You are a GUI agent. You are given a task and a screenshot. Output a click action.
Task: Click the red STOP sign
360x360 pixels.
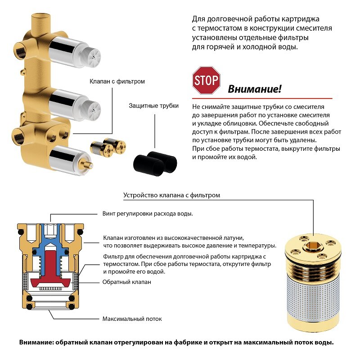pyautogui.click(x=206, y=81)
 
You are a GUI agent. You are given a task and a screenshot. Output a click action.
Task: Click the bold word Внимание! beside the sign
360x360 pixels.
pyautogui.click(x=255, y=89)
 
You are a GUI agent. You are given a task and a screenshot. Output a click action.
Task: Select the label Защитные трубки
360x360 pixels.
pyautogui.click(x=153, y=106)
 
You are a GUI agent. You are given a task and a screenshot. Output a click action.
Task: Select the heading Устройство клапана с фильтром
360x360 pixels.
pyautogui.click(x=172, y=195)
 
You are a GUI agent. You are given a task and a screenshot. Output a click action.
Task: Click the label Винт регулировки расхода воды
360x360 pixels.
pyautogui.click(x=148, y=214)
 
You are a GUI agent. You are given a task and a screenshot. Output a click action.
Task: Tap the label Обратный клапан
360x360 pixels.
pyautogui.click(x=126, y=282)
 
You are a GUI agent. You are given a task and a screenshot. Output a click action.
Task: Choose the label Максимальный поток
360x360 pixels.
pyautogui.click(x=132, y=319)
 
